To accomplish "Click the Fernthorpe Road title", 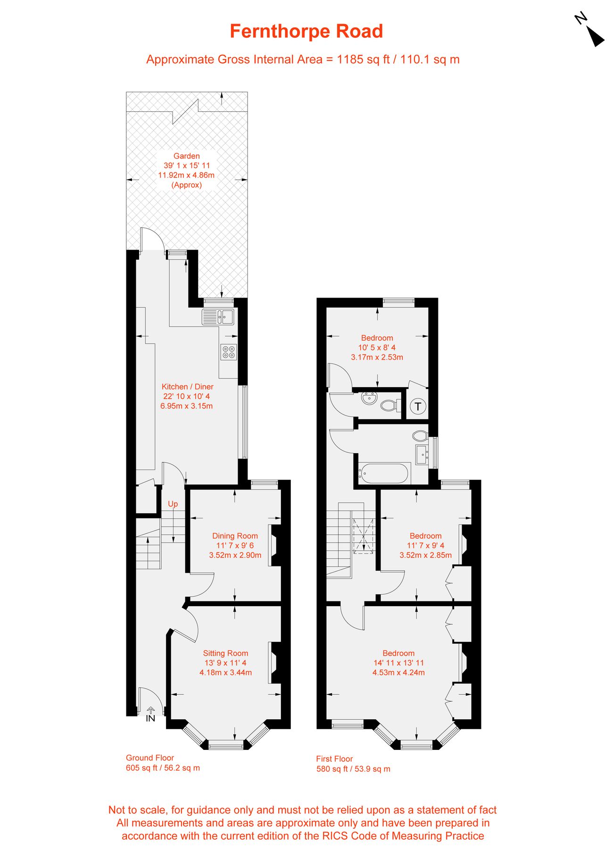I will (x=306, y=32).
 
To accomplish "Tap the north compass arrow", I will (x=595, y=36).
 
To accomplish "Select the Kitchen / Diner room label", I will (x=187, y=387).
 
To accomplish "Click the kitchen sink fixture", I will (x=218, y=317).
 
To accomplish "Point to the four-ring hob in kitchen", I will (x=229, y=352).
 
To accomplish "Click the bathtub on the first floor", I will (x=384, y=474).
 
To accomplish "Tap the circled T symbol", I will (x=418, y=406).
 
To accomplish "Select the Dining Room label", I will (x=235, y=536).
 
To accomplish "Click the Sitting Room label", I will (x=225, y=653).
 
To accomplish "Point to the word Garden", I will (x=186, y=156).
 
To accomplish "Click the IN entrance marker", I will (x=150, y=719).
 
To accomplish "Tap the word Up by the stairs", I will (x=173, y=504).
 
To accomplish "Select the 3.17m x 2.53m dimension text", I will (x=377, y=357).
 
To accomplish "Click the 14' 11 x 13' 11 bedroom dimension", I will (x=398, y=663).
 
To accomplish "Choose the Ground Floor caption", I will (x=149, y=758).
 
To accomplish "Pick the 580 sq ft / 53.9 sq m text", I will (x=353, y=769).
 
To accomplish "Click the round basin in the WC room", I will (x=369, y=399).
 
